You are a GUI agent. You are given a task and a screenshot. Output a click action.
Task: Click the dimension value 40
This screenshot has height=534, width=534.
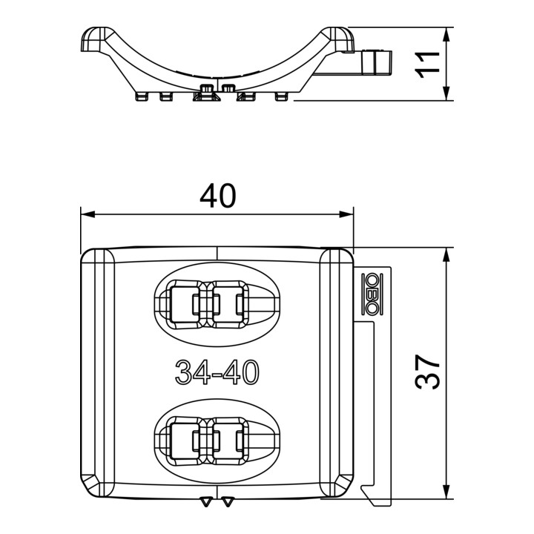click(x=217, y=196)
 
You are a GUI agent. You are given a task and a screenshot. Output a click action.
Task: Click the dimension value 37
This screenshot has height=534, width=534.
click(x=427, y=372)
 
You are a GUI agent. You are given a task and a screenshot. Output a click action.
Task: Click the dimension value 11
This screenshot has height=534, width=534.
click(x=427, y=65)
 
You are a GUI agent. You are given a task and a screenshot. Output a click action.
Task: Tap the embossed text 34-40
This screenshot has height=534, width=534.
click(x=217, y=372)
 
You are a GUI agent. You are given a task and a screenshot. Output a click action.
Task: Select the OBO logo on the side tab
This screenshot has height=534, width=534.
click(x=372, y=294)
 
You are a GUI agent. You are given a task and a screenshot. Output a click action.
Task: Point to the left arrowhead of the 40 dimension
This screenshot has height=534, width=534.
click(x=88, y=214)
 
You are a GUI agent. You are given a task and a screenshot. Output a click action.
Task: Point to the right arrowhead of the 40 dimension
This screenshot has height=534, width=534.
click(x=346, y=214)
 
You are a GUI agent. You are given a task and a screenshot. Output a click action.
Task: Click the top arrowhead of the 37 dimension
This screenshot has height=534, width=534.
click(x=446, y=254)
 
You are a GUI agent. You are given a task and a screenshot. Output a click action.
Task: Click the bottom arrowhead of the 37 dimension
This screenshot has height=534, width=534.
click(x=446, y=492)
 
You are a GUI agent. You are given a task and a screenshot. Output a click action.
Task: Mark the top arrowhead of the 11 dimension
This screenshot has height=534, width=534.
click(x=446, y=34)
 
